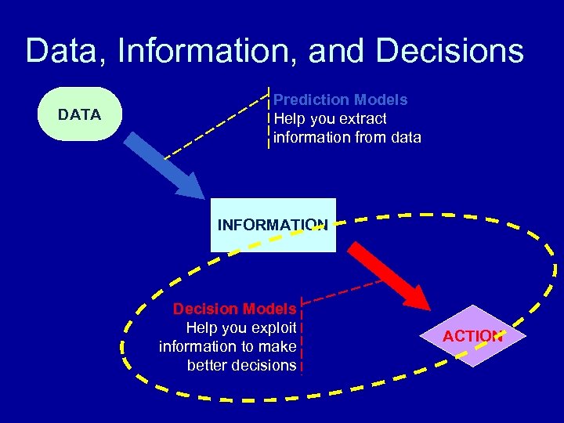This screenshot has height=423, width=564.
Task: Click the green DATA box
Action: point(79,114)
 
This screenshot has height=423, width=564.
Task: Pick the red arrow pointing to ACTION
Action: point(388,275)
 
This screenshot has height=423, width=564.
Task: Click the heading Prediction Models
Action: point(340,99)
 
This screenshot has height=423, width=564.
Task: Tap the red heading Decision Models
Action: point(234,309)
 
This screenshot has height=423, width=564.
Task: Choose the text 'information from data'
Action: point(347,137)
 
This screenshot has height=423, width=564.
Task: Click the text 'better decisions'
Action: point(241,365)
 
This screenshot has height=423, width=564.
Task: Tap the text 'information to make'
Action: point(227,346)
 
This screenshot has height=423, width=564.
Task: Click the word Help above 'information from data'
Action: point(289,118)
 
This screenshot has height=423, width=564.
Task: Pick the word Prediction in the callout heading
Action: point(311,99)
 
